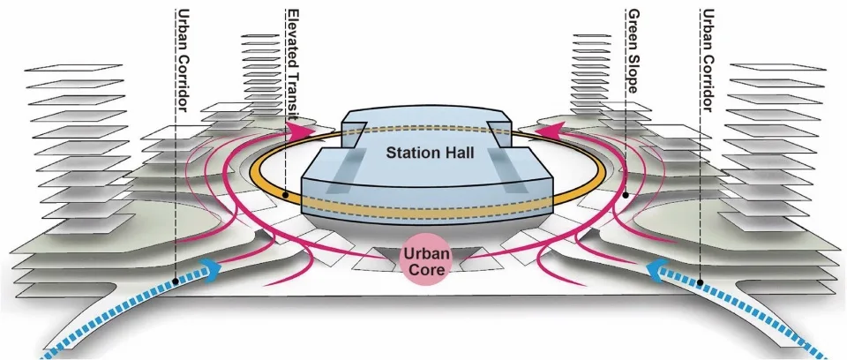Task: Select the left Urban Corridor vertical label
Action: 182,62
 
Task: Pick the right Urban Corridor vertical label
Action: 706,62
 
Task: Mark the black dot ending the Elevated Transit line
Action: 285,193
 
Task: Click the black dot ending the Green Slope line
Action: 626,192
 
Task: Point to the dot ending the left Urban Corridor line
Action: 176,281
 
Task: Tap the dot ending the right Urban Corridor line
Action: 700,281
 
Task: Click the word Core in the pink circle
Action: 428,273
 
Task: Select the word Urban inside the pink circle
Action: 428,255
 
